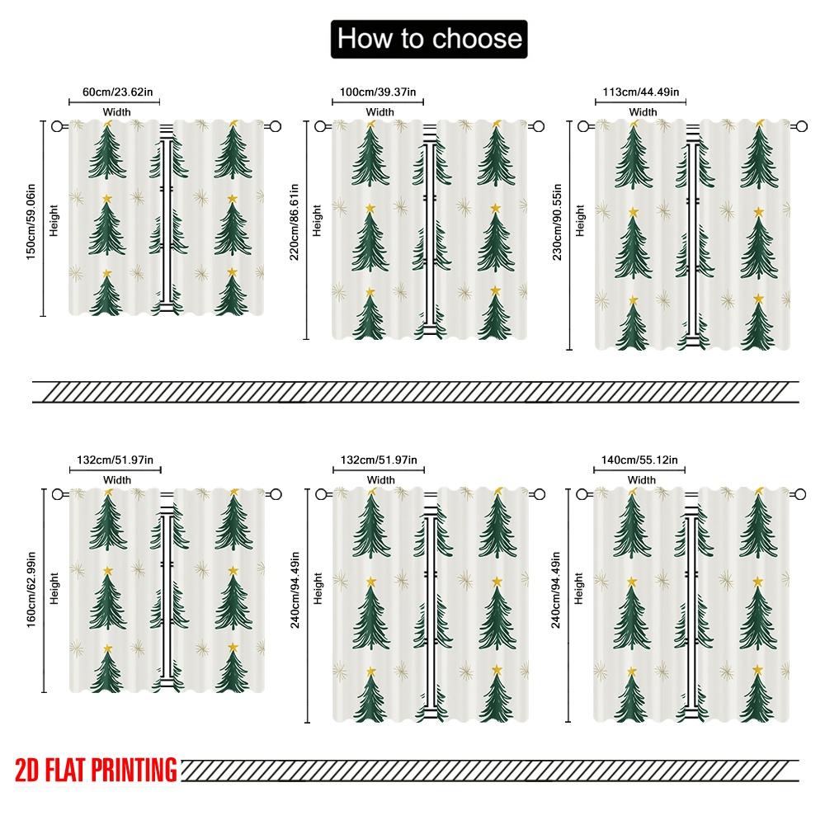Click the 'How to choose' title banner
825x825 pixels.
coord(428,38)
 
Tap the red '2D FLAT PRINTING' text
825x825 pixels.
coord(97,771)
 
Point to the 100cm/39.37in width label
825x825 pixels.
coord(380,92)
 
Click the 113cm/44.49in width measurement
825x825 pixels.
coord(642,92)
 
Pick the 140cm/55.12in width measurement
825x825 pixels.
coord(639,460)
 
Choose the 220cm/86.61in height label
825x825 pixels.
coord(295,221)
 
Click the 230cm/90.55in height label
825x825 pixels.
coord(559,221)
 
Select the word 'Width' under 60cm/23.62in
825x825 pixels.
coord(116,111)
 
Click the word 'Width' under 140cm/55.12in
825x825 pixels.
coord(641,479)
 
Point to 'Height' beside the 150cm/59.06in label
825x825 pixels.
coord(54,220)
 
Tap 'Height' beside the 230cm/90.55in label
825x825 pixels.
coord(580,220)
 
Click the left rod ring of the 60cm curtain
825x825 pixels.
coord(57,126)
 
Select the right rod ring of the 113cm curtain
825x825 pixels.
coord(800,126)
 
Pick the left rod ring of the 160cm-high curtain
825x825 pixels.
coord(57,494)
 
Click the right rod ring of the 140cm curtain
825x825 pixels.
coord(800,494)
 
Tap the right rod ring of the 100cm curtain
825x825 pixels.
coord(538,126)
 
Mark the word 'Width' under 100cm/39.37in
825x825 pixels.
coord(380,111)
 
